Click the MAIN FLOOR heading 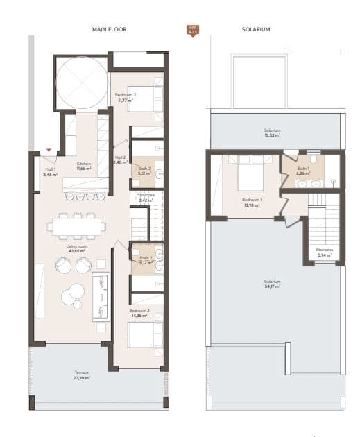(x=108, y=30)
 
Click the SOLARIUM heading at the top (x=256, y=30)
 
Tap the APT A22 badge (x=192, y=31)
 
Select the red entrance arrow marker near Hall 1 (x=49, y=149)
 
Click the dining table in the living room (x=78, y=225)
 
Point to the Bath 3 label (x=144, y=260)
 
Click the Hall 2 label (x=119, y=160)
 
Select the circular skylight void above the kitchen (x=82, y=82)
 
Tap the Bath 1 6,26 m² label (x=303, y=171)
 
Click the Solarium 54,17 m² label (x=272, y=284)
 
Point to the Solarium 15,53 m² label (x=272, y=132)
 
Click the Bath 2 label (x=144, y=170)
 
